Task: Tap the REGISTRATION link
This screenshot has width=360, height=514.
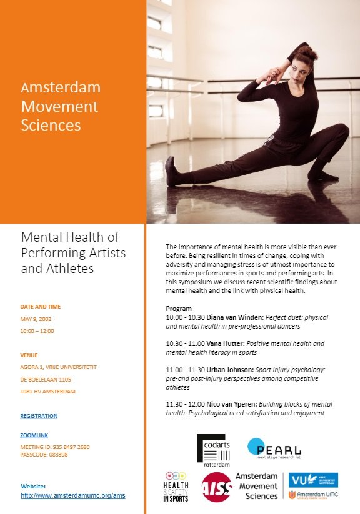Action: coord(39,416)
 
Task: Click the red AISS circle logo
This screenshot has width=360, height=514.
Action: coord(215,487)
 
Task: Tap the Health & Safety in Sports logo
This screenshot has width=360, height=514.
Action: coord(176,488)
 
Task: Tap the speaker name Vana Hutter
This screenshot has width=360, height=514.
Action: coord(221,343)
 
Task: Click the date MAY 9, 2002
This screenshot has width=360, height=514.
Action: coord(37,319)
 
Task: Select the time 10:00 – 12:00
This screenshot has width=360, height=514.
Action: coord(37,330)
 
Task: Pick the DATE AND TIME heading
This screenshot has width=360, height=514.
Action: coord(41,307)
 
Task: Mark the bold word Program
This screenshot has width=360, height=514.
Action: coord(179,309)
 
